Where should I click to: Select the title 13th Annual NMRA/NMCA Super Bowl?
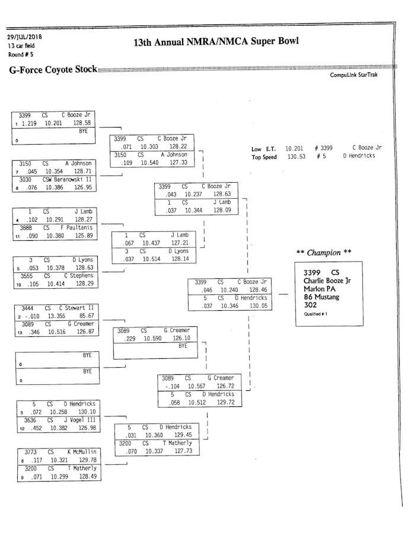tap(216, 42)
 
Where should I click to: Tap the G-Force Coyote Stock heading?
tap(53, 69)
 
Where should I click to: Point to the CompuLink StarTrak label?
tap(353, 75)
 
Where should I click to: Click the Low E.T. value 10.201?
tap(295, 148)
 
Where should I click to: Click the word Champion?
tap(323, 253)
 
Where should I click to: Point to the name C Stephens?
tap(78, 276)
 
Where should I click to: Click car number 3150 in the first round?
tap(26, 163)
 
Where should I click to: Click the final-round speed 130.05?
tap(257, 306)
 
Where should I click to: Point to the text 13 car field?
tap(21, 46)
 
